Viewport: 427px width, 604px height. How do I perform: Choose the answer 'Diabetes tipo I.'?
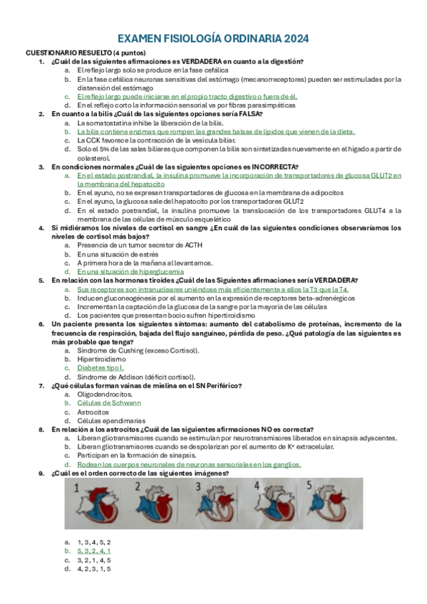(x=101, y=368)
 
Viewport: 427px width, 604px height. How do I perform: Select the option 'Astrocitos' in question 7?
(x=93, y=412)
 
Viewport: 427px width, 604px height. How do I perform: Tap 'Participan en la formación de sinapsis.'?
(x=137, y=455)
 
